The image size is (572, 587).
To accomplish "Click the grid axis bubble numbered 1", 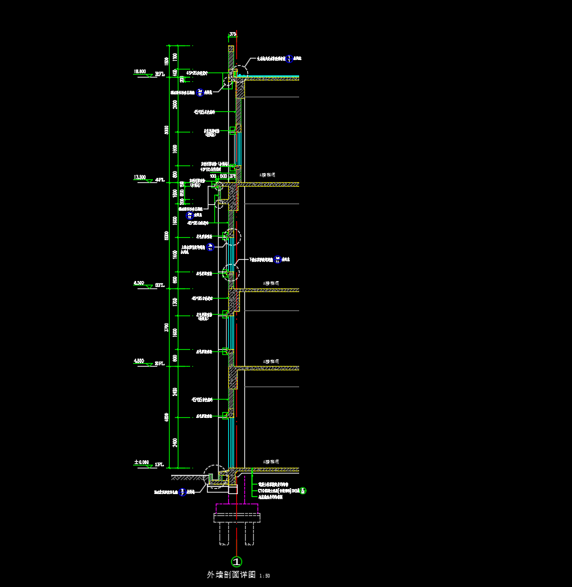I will (236, 561).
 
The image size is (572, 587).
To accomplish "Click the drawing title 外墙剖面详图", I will (231, 575).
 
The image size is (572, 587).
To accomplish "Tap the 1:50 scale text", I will (265, 576).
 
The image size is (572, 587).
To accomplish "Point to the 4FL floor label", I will (159, 180).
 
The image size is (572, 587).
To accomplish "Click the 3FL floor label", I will (159, 285).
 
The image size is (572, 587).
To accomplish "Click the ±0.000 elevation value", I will (141, 463).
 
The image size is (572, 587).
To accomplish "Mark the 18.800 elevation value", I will (140, 72).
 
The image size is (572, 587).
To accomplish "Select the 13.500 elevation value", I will (140, 177).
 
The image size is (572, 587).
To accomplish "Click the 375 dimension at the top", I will (233, 34).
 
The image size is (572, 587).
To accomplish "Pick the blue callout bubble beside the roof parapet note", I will (290, 59).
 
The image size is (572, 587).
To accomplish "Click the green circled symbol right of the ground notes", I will (304, 490).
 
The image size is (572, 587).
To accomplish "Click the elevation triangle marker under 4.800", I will (148, 365).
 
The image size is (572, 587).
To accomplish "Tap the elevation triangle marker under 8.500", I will (148, 287).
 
